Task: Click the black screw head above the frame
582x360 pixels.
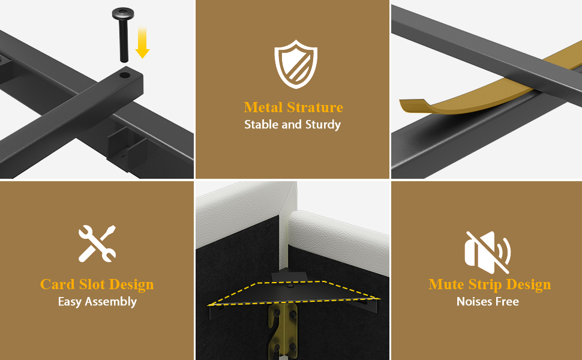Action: (123, 14)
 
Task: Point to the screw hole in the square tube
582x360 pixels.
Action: (125, 75)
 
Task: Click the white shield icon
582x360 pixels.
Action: (296, 64)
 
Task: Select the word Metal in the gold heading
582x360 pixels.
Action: (263, 107)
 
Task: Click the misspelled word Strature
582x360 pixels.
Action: (315, 107)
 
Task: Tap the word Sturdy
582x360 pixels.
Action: (323, 125)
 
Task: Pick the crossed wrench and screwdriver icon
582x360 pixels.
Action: (97, 243)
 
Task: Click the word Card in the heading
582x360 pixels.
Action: (57, 284)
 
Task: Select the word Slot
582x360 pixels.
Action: (92, 284)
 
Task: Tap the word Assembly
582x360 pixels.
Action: (110, 302)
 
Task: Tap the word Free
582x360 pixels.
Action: (508, 301)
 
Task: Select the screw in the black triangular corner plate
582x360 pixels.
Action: (291, 287)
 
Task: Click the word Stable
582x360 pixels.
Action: (262, 124)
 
